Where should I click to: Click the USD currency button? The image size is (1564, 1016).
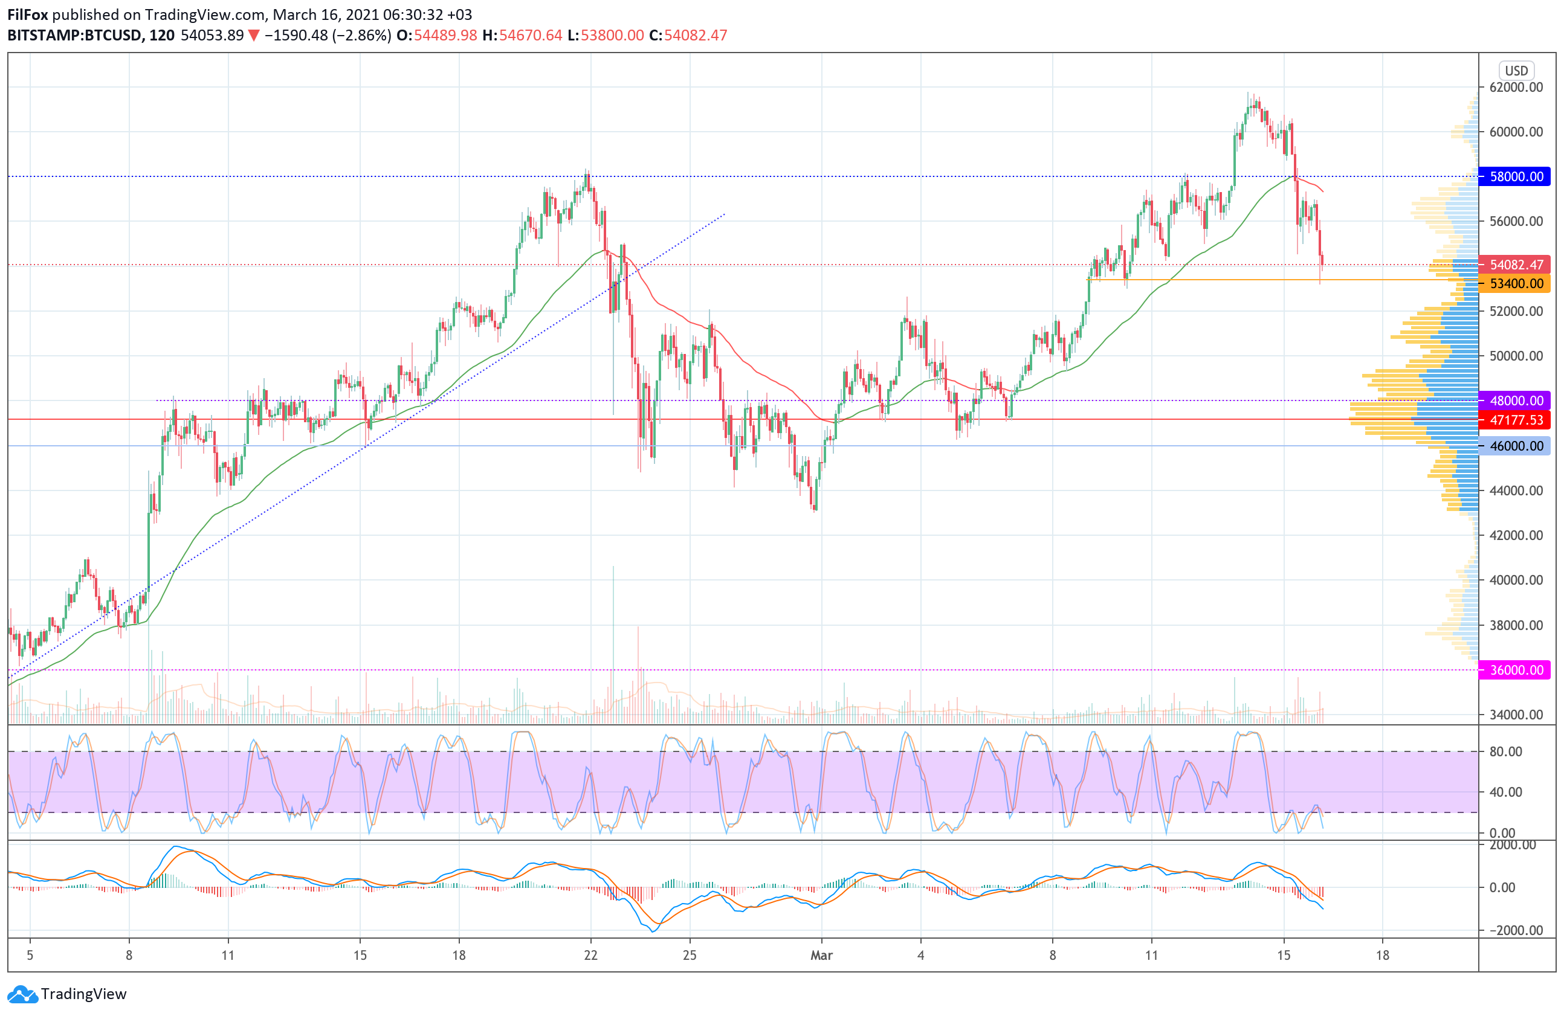(x=1516, y=70)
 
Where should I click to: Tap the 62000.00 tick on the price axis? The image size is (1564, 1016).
(x=1516, y=88)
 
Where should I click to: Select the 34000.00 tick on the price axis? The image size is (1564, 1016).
(x=1516, y=715)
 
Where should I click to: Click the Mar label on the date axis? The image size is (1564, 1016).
(x=821, y=955)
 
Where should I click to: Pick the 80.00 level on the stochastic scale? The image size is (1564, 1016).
(x=1505, y=751)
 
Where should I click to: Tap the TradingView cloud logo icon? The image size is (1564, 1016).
(x=22, y=994)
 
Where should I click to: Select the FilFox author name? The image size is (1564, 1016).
(x=28, y=14)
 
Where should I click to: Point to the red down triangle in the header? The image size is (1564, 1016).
(x=254, y=36)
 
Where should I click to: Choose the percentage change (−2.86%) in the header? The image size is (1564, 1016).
(x=362, y=36)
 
